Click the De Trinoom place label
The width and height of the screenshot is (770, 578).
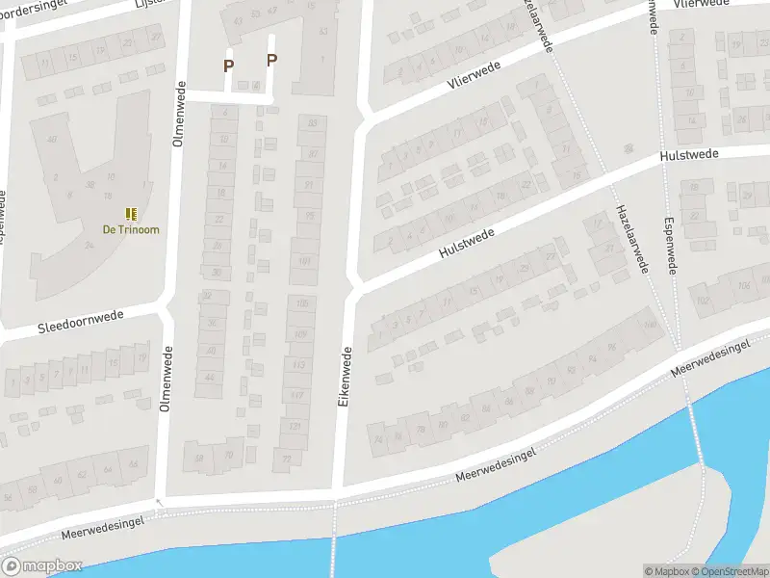tap(131, 229)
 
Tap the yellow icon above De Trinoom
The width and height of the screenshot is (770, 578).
tap(131, 213)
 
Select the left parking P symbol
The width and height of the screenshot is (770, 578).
tap(229, 66)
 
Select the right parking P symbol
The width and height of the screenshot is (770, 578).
tap(271, 60)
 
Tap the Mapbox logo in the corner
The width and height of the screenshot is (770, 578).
tap(42, 565)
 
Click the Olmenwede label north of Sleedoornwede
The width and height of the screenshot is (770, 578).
tap(178, 113)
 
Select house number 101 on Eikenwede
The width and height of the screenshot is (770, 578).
tap(305, 260)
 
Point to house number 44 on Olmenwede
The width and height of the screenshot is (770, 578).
tap(210, 377)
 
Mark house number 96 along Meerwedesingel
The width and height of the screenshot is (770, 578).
tap(611, 348)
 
